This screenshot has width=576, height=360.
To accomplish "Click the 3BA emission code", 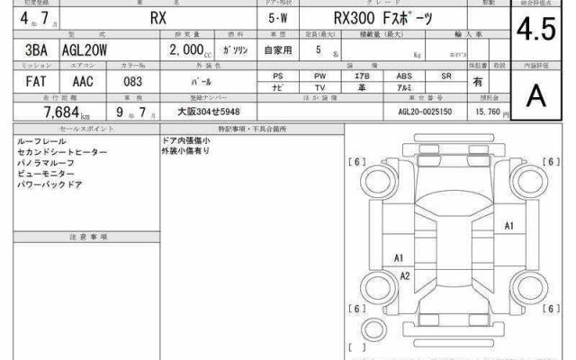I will tap(27, 51).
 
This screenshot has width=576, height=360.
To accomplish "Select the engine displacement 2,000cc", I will tap(192, 51).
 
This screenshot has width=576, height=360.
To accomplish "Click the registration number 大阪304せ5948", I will tap(208, 115).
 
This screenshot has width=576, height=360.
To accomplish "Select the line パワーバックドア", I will tap(49, 184).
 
